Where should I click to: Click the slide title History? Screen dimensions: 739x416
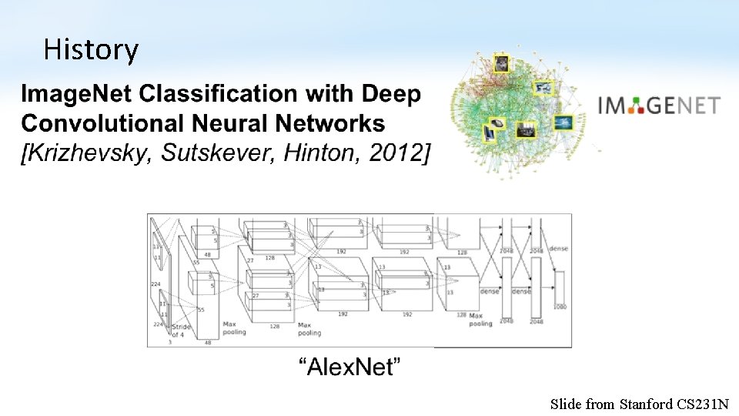tap(91, 50)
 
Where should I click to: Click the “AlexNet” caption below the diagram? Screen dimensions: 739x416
tap(350, 367)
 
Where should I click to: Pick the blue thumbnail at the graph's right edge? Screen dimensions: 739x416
tap(564, 122)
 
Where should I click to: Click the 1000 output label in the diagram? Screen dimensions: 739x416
tap(560, 306)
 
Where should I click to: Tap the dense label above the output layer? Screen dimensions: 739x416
tap(558, 249)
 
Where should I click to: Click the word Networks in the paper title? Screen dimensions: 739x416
tap(336, 123)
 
